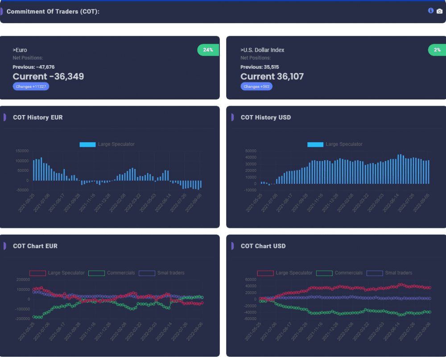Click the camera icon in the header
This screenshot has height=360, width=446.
pos(439,11)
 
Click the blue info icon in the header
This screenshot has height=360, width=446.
pos(431,11)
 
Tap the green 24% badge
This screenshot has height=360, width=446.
pos(208,50)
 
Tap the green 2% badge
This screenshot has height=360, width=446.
pos(437,50)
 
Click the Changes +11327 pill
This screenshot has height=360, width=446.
pos(31,87)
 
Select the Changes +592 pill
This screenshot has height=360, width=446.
pos(256,87)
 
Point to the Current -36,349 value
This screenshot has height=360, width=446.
pos(48,77)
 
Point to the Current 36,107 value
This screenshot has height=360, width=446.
pos(272,77)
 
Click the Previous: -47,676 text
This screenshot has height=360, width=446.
pos(33,67)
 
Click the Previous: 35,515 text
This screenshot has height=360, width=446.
pos(260,67)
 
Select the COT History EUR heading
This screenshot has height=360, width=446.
pos(38,118)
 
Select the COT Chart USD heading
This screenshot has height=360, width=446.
pos(263,246)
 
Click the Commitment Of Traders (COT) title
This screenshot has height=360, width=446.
pos(53,12)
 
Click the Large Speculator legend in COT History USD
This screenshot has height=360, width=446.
pos(335,145)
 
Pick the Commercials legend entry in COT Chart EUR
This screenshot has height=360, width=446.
pos(112,273)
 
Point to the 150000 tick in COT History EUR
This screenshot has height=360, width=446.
pos(22,151)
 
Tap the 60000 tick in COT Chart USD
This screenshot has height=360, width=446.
pos(250,280)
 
